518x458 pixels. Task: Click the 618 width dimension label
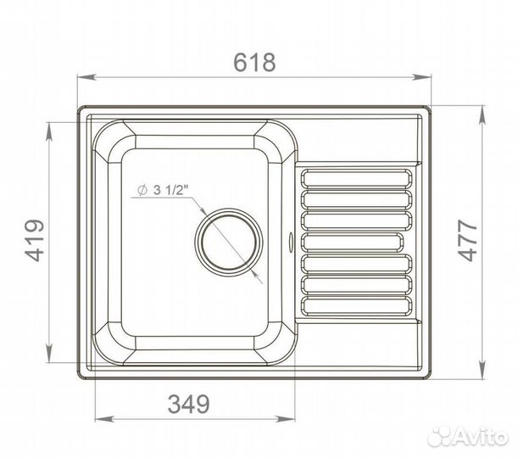pyautogui.click(x=254, y=62)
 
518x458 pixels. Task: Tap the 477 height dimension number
pyautogui.click(x=468, y=241)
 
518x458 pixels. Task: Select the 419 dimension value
pyautogui.click(x=35, y=240)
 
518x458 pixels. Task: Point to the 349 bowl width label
pyautogui.click(x=189, y=404)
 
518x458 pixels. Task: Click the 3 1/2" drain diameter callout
pyautogui.click(x=163, y=190)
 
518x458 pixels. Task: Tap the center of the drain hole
pyautogui.click(x=229, y=242)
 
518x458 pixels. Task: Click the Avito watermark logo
pyautogui.click(x=467, y=436)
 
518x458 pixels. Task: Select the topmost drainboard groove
pyautogui.click(x=357, y=179)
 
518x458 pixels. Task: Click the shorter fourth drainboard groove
pyautogui.click(x=353, y=243)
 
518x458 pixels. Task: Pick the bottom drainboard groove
pyautogui.click(x=357, y=306)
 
